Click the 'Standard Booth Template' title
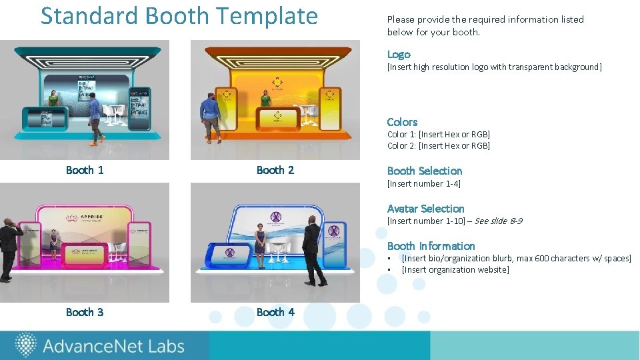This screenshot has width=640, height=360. pyautogui.click(x=179, y=16)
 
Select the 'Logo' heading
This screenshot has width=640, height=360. pyautogui.click(x=399, y=55)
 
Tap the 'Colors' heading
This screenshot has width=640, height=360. pyautogui.click(x=402, y=122)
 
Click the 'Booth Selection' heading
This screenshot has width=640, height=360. pyautogui.click(x=424, y=171)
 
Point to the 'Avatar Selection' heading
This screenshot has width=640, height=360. pyautogui.click(x=425, y=209)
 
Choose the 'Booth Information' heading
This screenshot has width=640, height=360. pyautogui.click(x=431, y=246)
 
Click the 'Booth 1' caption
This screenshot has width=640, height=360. pyautogui.click(x=85, y=170)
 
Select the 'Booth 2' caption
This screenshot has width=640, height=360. pyautogui.click(x=275, y=170)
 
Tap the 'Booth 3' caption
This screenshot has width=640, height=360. pyautogui.click(x=85, y=312)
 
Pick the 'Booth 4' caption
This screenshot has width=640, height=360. pyautogui.click(x=275, y=312)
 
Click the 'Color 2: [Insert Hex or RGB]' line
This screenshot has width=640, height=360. pyautogui.click(x=438, y=145)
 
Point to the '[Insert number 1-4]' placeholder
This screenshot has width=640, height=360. pyautogui.click(x=423, y=183)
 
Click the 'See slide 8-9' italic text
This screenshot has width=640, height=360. pyautogui.click(x=498, y=221)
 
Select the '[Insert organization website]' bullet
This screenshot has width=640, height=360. pyautogui.click(x=455, y=269)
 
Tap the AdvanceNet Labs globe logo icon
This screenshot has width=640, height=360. pyautogui.click(x=25, y=345)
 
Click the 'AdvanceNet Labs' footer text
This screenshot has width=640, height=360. pyautogui.click(x=113, y=346)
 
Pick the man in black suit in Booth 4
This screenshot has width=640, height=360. pyautogui.click(x=312, y=250)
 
